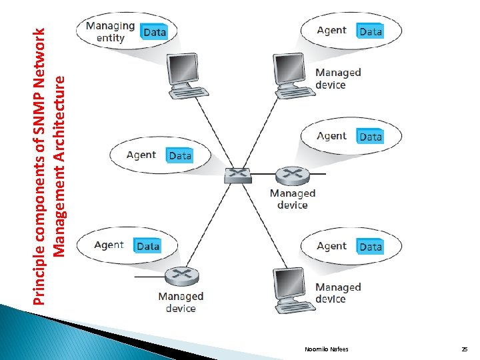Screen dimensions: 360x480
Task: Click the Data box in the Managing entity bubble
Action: pyautogui.click(x=154, y=31)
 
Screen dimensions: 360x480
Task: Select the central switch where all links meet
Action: pyautogui.click(x=237, y=175)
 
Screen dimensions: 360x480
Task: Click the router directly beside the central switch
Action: pyautogui.click(x=291, y=176)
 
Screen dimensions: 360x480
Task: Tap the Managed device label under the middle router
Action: pyautogui.click(x=292, y=199)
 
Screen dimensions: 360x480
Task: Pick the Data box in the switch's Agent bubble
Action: pyautogui.click(x=180, y=155)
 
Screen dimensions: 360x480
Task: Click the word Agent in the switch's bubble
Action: pyautogui.click(x=141, y=155)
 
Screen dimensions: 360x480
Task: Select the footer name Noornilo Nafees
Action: pyautogui.click(x=326, y=349)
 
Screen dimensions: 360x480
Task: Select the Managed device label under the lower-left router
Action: pyautogui.click(x=180, y=301)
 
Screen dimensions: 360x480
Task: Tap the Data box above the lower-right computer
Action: pyautogui.click(x=371, y=247)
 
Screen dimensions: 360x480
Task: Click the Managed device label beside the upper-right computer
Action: pyautogui.click(x=337, y=78)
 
